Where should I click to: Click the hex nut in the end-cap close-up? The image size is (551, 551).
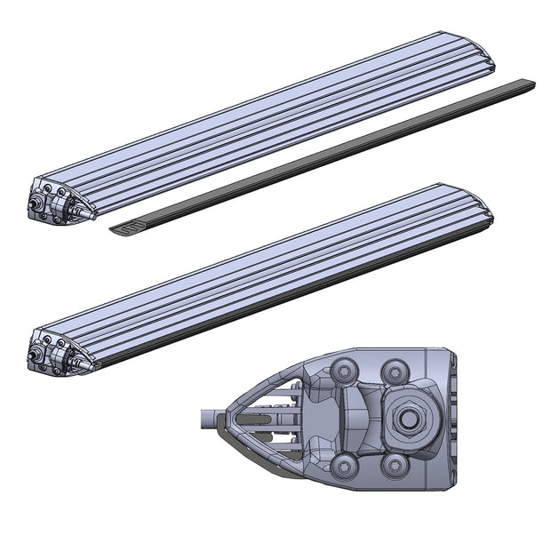(407, 419)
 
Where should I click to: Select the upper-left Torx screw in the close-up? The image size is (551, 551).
(342, 369)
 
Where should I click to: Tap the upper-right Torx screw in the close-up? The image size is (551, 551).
(393, 369)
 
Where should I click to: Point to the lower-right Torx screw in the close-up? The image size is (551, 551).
(394, 466)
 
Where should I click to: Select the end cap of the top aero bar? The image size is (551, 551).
(58, 201)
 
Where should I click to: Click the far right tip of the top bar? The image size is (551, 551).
(491, 63)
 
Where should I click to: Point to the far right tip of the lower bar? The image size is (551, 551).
(489, 213)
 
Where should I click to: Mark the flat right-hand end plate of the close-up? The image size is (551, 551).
(450, 418)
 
